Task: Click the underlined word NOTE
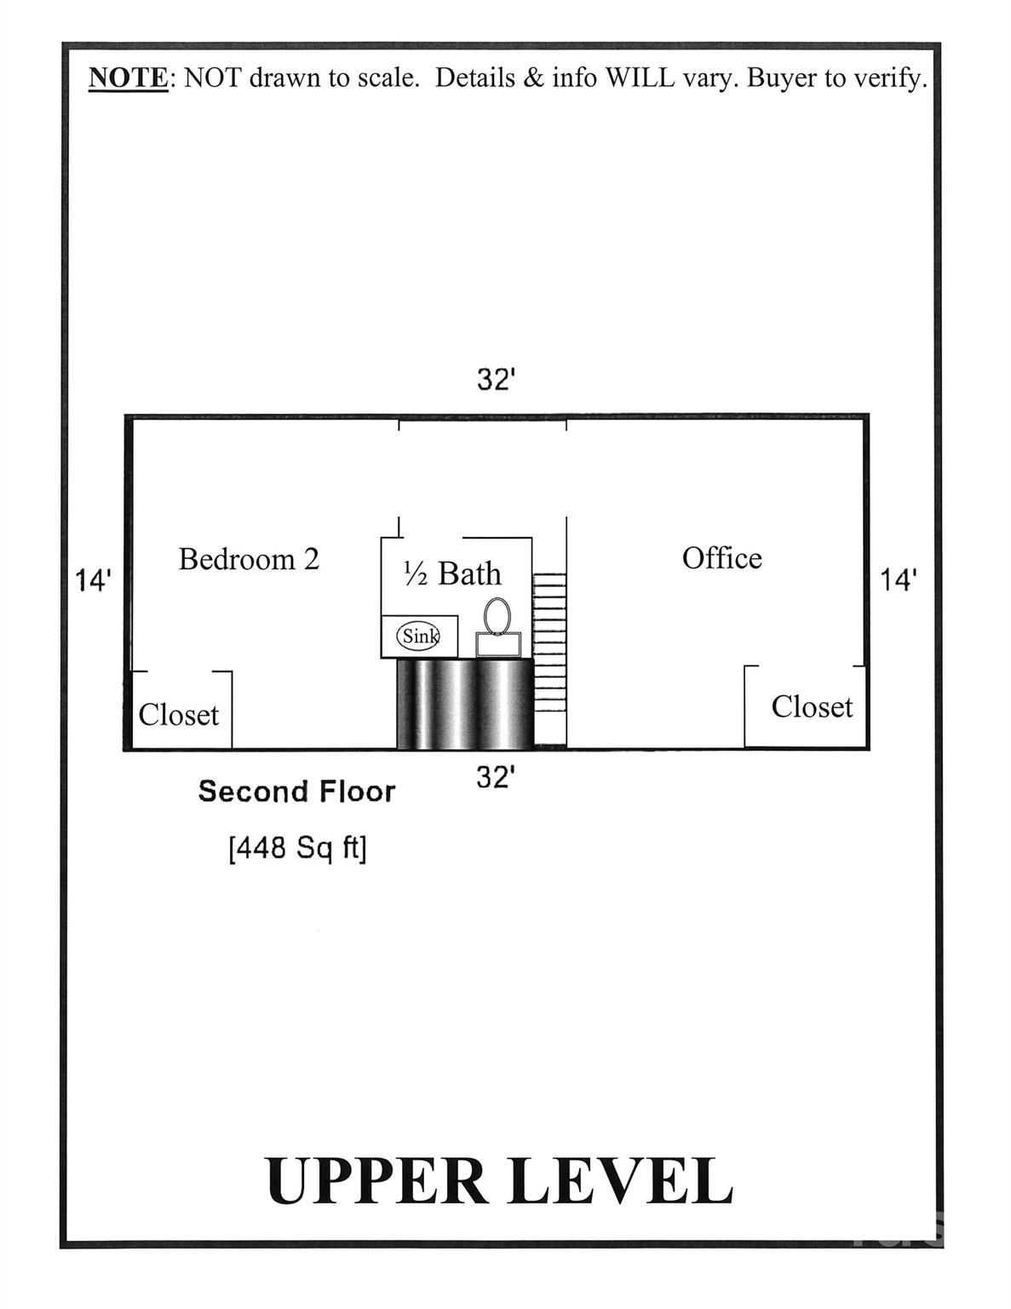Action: coord(129,78)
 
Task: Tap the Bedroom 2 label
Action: coord(249,559)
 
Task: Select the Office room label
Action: coord(721,558)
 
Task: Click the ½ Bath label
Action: coord(452,574)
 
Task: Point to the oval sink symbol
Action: coord(419,636)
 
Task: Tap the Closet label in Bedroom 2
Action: coord(179,715)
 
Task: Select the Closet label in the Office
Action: coord(811,707)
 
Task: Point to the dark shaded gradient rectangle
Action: coord(465,704)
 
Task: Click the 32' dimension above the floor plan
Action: coord(497,380)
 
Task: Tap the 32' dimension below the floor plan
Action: coord(497,777)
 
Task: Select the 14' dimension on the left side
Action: coord(93,581)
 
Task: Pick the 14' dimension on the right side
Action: coord(898,580)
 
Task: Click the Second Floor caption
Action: coord(296,792)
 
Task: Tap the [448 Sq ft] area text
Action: coord(297,848)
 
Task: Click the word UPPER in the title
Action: coord(376,1181)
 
